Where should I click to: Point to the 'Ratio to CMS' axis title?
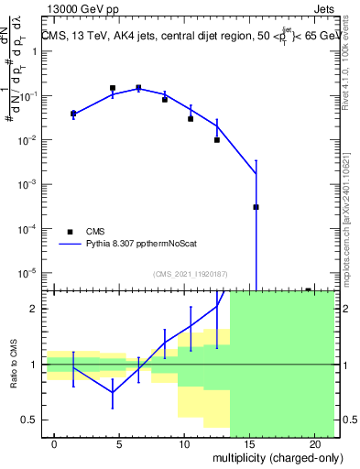[x=15, y=365]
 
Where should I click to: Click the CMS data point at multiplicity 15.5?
[x=256, y=207]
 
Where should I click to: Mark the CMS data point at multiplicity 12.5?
[x=217, y=140]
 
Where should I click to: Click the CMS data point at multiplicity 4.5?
[x=113, y=88]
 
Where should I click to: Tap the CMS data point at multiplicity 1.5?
[x=73, y=114]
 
